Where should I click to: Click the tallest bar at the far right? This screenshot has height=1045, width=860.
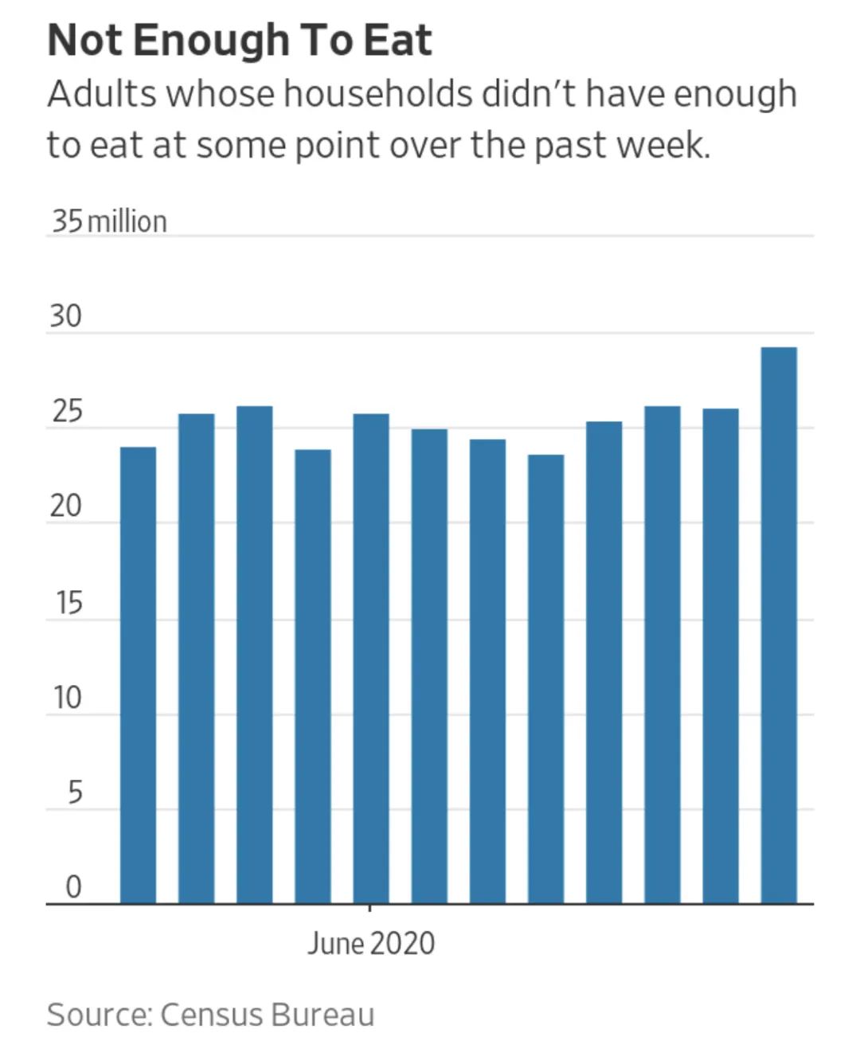point(779,625)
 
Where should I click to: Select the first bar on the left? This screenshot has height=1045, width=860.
point(138,675)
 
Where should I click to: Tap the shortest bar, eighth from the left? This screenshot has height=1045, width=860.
point(545,679)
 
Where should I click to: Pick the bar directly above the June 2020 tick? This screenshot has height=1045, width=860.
point(371,659)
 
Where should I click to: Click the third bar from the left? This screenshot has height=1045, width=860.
point(254,655)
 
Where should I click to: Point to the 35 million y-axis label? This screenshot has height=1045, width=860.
point(109,221)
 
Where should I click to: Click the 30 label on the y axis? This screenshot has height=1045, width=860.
point(65,317)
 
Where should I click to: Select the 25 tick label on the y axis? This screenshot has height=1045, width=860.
point(65,413)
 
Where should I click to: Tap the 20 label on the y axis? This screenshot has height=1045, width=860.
point(65,507)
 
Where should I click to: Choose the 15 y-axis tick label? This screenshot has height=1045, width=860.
point(68,604)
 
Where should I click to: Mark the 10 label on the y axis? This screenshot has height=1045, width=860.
point(67,699)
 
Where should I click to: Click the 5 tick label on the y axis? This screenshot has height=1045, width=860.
point(73,793)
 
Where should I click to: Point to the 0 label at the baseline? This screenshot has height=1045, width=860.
point(72,887)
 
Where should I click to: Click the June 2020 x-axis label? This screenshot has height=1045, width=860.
point(371,944)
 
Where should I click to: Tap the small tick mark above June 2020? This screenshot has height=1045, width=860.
point(369,908)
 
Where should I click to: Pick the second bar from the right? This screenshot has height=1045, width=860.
point(720,656)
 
